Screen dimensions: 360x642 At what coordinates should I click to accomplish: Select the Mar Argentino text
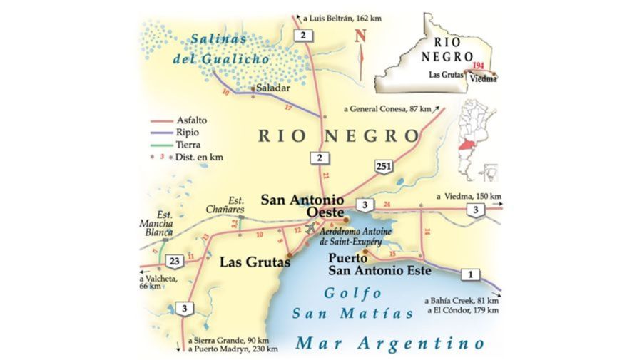[x=390, y=344]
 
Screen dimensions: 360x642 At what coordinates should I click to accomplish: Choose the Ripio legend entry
[x=181, y=133]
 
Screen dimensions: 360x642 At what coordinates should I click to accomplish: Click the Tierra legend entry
[x=183, y=145]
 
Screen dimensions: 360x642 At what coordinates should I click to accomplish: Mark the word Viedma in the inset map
[x=484, y=80]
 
